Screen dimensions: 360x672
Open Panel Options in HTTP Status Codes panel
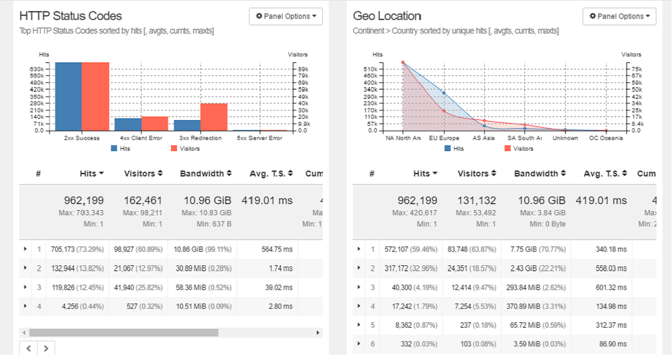coord(286,16)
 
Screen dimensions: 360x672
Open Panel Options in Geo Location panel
coord(619,16)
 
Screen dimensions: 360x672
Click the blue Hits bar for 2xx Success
coord(68,96)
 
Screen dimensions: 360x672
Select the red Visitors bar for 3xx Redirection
coord(214,117)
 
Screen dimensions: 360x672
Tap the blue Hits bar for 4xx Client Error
coord(128,124)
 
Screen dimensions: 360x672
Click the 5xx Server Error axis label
coord(259,138)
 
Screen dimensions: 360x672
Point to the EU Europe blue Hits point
coord(444,93)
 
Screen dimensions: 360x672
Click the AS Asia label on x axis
coord(484,138)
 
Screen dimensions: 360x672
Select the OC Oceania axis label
coord(606,138)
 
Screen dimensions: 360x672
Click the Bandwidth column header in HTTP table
coord(206,173)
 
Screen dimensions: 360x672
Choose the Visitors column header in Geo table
coord(477,173)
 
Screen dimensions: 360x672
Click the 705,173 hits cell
coord(74,249)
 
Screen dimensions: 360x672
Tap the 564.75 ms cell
coord(278,249)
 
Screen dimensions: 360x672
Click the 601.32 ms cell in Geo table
coord(612,287)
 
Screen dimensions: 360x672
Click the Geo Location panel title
coord(387,16)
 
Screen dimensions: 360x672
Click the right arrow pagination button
coord(46,347)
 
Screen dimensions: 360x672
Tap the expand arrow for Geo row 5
coord(359,325)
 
